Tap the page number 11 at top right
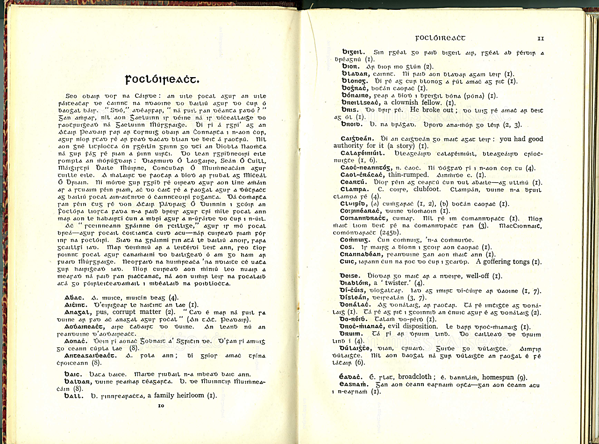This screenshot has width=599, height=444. pyautogui.click(x=541, y=38)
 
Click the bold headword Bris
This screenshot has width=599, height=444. pyautogui.click(x=349, y=109)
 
